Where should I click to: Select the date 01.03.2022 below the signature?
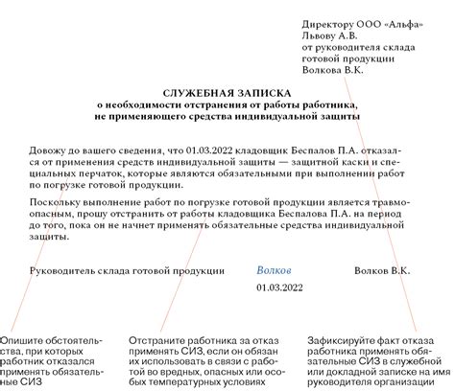[x=278, y=288]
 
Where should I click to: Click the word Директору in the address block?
[x=327, y=20]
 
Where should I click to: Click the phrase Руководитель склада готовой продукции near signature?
[x=128, y=271]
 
